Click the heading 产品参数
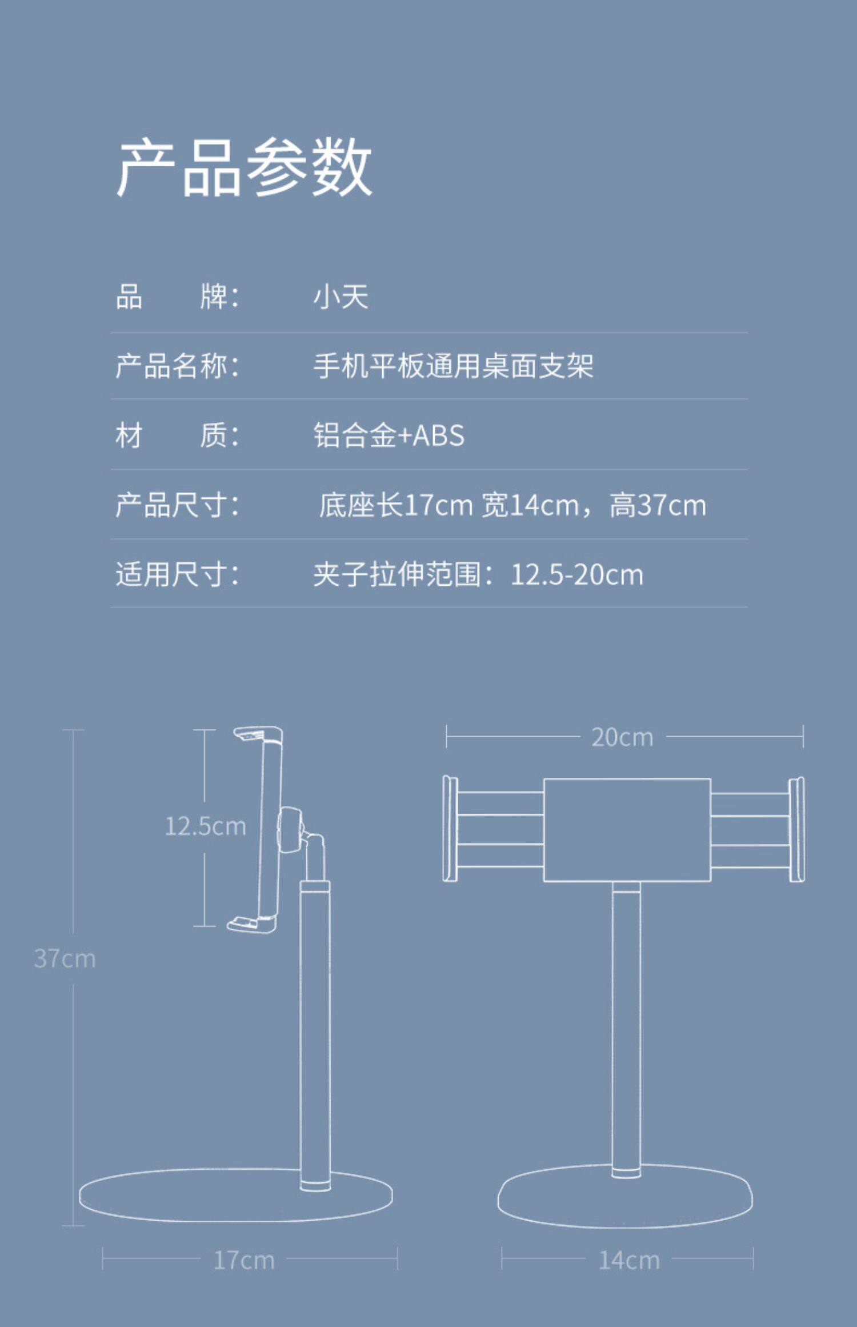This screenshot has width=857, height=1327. pyautogui.click(x=245, y=168)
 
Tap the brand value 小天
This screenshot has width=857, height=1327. pyautogui.click(x=341, y=297)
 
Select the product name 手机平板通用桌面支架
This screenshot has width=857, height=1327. pyautogui.click(x=454, y=366)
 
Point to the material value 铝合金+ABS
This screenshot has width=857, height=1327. pyautogui.click(x=389, y=435)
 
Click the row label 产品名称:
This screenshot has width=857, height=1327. pyautogui.click(x=177, y=366)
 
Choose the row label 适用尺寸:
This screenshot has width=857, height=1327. pyautogui.click(x=177, y=574)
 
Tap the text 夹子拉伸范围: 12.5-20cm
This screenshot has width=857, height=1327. pyautogui.click(x=478, y=574)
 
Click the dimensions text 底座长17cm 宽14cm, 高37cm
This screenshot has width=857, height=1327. pyautogui.click(x=512, y=505)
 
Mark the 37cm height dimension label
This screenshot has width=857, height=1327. pyautogui.click(x=65, y=958)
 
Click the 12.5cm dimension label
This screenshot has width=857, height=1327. pyautogui.click(x=205, y=826)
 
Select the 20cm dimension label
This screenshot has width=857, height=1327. pyautogui.click(x=622, y=737)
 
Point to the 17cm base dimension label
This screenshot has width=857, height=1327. pyautogui.click(x=244, y=1260)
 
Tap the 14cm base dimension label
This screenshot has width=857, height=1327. pyautogui.click(x=628, y=1260)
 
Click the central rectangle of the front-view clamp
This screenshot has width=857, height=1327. pyautogui.click(x=627, y=830)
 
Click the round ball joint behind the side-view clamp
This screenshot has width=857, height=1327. pyautogui.click(x=290, y=830)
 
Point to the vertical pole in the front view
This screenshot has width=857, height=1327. pyautogui.click(x=626, y=1029)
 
